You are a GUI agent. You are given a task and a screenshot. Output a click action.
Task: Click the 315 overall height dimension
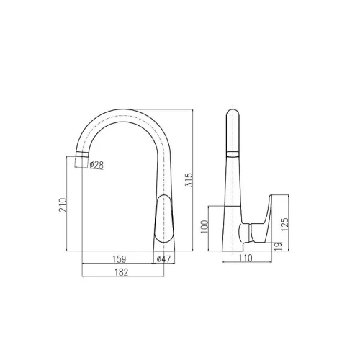[x=189, y=180]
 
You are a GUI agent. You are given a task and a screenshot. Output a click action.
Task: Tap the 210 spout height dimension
[x=63, y=204]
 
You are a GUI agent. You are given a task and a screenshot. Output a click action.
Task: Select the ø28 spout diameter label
[x=96, y=165]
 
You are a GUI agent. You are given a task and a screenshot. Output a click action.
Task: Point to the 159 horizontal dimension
[x=120, y=259]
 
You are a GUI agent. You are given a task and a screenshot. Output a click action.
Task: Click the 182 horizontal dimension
[x=121, y=272]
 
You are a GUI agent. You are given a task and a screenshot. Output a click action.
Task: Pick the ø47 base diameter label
[x=163, y=259]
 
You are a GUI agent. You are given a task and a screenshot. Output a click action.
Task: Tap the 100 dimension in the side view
[x=204, y=227]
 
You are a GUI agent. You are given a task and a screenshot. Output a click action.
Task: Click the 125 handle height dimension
[x=284, y=225]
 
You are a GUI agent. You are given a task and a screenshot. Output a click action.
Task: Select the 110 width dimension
[x=246, y=258]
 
